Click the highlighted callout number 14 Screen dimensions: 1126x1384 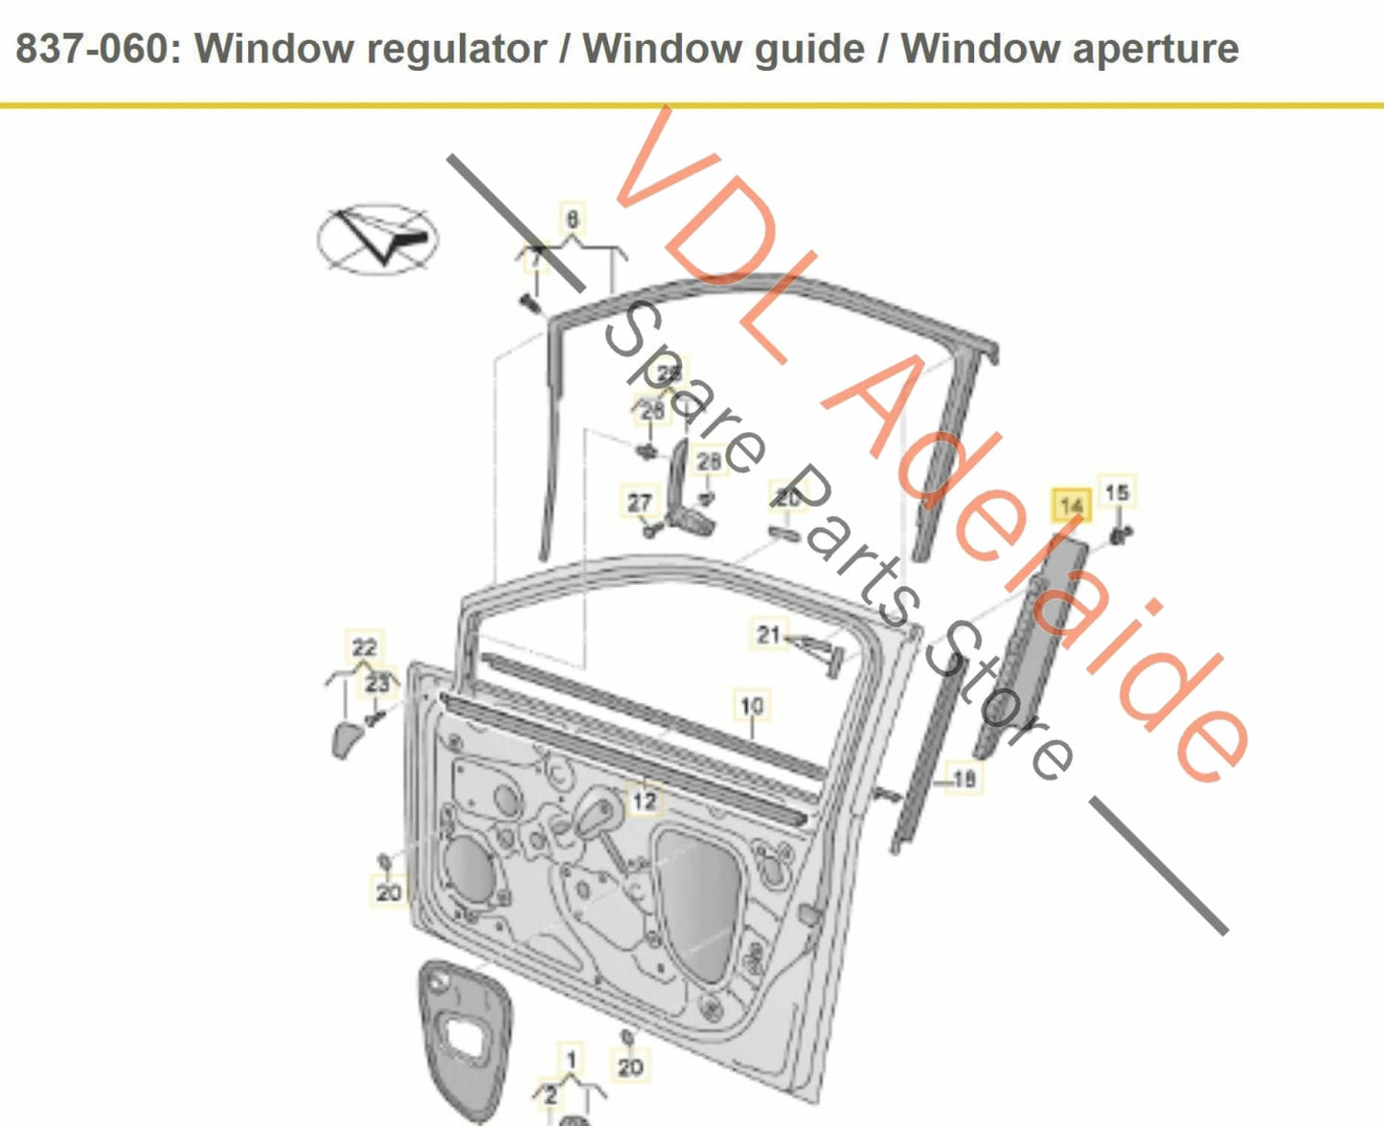point(1071,505)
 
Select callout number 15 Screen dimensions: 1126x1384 point(1117,492)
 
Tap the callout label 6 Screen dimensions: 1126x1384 point(572,219)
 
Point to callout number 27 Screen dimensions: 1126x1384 point(639,502)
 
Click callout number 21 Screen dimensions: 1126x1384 point(768,634)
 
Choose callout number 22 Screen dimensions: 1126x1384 point(364,647)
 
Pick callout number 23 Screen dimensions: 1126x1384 point(377,684)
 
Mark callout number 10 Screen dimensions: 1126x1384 point(752,706)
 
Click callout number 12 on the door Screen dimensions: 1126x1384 point(644,799)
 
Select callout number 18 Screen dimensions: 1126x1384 point(964,778)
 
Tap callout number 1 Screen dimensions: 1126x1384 point(572,1059)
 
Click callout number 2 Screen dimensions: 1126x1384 point(550,1094)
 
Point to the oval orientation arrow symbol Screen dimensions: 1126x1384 point(377,238)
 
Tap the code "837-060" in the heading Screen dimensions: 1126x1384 point(92,48)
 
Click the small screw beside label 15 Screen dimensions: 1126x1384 point(1120,534)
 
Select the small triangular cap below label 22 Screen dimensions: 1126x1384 point(346,739)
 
